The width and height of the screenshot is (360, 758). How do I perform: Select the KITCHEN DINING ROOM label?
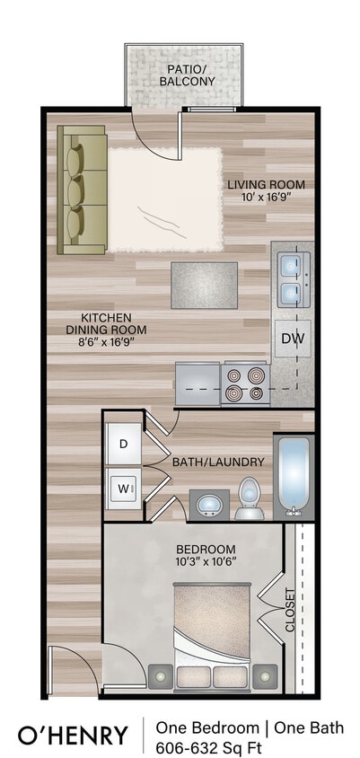coord(106,323)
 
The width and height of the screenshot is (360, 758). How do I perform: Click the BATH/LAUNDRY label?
coord(218,462)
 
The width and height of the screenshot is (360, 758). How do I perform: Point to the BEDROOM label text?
coord(206,556)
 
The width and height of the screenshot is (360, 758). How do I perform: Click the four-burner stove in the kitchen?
coord(245,383)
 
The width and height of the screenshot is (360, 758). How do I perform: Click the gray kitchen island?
coord(205,286)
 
